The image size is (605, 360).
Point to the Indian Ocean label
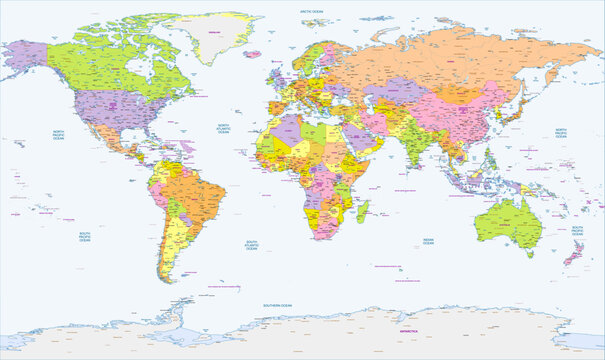tap(429, 241)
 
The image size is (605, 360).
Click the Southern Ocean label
tap(277, 304)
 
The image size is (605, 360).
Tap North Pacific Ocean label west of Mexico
tap(59, 136)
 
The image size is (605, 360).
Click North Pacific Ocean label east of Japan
tap(563, 134)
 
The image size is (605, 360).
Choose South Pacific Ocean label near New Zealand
tap(578, 231)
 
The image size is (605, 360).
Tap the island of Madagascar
tap(364, 210)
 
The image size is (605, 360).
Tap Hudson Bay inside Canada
tap(151, 70)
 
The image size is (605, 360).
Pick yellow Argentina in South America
tap(173, 250)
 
